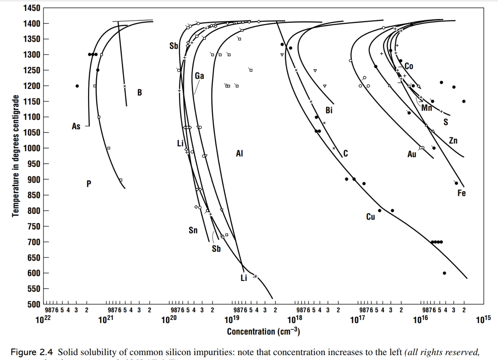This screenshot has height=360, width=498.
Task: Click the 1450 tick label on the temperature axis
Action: tap(32, 8)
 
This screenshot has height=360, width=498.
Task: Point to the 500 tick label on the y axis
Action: tap(34, 305)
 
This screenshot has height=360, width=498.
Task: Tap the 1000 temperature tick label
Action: tap(32, 148)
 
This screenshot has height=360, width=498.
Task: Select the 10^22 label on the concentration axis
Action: tap(43, 319)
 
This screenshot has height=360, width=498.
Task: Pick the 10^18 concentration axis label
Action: tap(295, 319)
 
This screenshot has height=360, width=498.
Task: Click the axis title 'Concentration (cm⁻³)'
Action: tap(263, 332)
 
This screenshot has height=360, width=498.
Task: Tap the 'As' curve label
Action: tap(76, 126)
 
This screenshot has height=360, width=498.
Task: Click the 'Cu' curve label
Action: tap(370, 217)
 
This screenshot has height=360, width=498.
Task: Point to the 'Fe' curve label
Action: tap(461, 193)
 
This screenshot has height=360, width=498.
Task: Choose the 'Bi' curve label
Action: tap(329, 110)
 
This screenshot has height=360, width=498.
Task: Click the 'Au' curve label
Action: tap(412, 154)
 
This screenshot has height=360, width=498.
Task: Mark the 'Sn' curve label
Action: tap(193, 230)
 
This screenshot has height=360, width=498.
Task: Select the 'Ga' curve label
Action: tap(199, 76)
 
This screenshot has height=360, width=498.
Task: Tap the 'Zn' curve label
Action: tap(453, 141)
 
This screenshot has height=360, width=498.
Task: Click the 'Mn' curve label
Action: tap(427, 108)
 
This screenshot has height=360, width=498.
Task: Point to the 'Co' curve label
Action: tap(409, 66)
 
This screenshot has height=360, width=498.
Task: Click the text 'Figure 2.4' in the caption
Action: tap(32, 352)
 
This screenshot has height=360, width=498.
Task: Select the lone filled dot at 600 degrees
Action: tap(444, 273)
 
